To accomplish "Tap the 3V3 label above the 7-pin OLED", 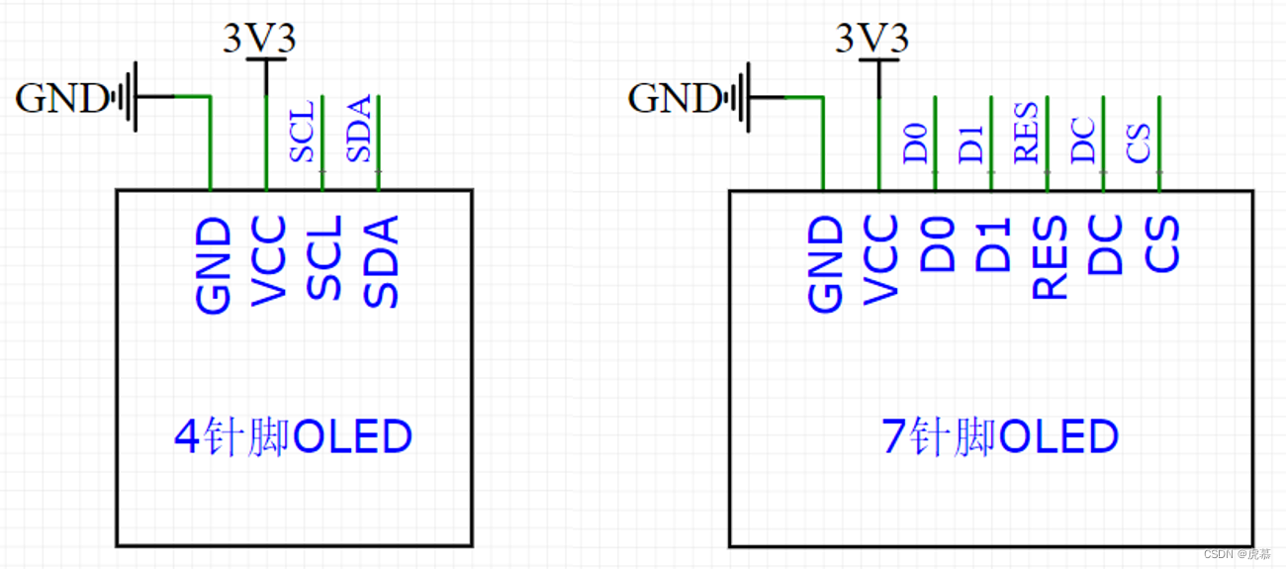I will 871,39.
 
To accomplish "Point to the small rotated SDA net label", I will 358,129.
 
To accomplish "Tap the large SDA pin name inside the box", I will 381,261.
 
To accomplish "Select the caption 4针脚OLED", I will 292,436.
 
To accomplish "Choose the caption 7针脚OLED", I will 999,436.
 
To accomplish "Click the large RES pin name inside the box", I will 1050,257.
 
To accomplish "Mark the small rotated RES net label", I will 1026,133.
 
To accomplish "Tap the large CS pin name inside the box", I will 1161,246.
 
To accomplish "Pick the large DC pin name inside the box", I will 1105,246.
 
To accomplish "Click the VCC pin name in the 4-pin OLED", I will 268,260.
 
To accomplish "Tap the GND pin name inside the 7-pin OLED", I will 826,263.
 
